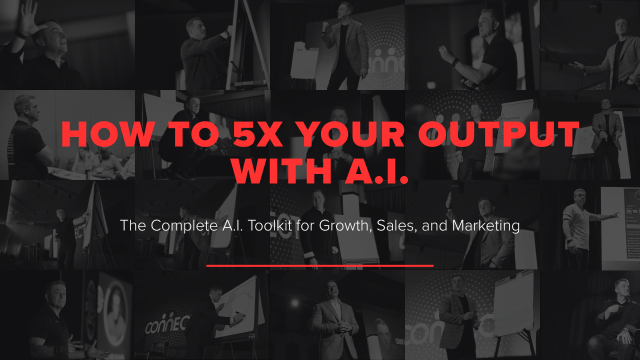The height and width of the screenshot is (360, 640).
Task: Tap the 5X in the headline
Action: pyautogui.click(x=257, y=134)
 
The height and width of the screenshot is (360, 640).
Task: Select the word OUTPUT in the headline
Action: pyautogui.click(x=499, y=134)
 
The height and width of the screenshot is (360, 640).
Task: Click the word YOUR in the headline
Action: pyautogui.click(x=352, y=134)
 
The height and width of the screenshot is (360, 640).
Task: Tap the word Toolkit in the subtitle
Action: pyautogui.click(x=269, y=225)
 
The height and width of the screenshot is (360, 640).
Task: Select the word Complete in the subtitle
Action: pyautogui.click(x=184, y=226)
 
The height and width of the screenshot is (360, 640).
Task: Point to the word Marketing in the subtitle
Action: pyautogui.click(x=485, y=226)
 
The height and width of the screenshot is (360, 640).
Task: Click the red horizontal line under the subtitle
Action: pyautogui.click(x=319, y=265)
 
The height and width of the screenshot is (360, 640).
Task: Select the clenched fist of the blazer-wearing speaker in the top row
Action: pyautogui.click(x=325, y=26)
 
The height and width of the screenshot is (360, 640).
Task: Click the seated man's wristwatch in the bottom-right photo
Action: pyautogui.click(x=625, y=331)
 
